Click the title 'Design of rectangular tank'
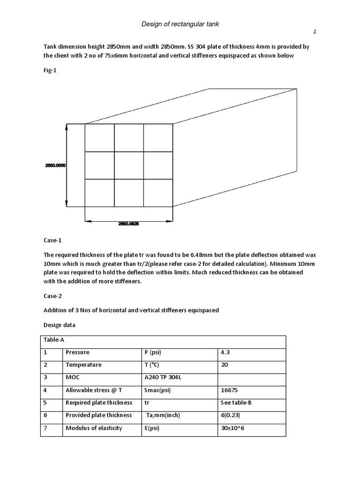point(180,24)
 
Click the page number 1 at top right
point(315,32)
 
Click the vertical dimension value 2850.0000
point(55,165)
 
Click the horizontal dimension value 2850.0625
point(129,224)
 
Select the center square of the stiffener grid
point(129,165)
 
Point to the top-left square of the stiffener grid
point(99,138)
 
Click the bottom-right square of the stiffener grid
point(158,193)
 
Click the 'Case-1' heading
point(52,240)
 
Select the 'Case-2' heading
point(52,296)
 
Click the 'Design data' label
point(60,325)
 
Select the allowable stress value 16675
point(229,390)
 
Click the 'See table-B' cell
point(236,403)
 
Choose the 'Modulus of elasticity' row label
point(94,428)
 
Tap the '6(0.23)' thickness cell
point(231,415)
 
